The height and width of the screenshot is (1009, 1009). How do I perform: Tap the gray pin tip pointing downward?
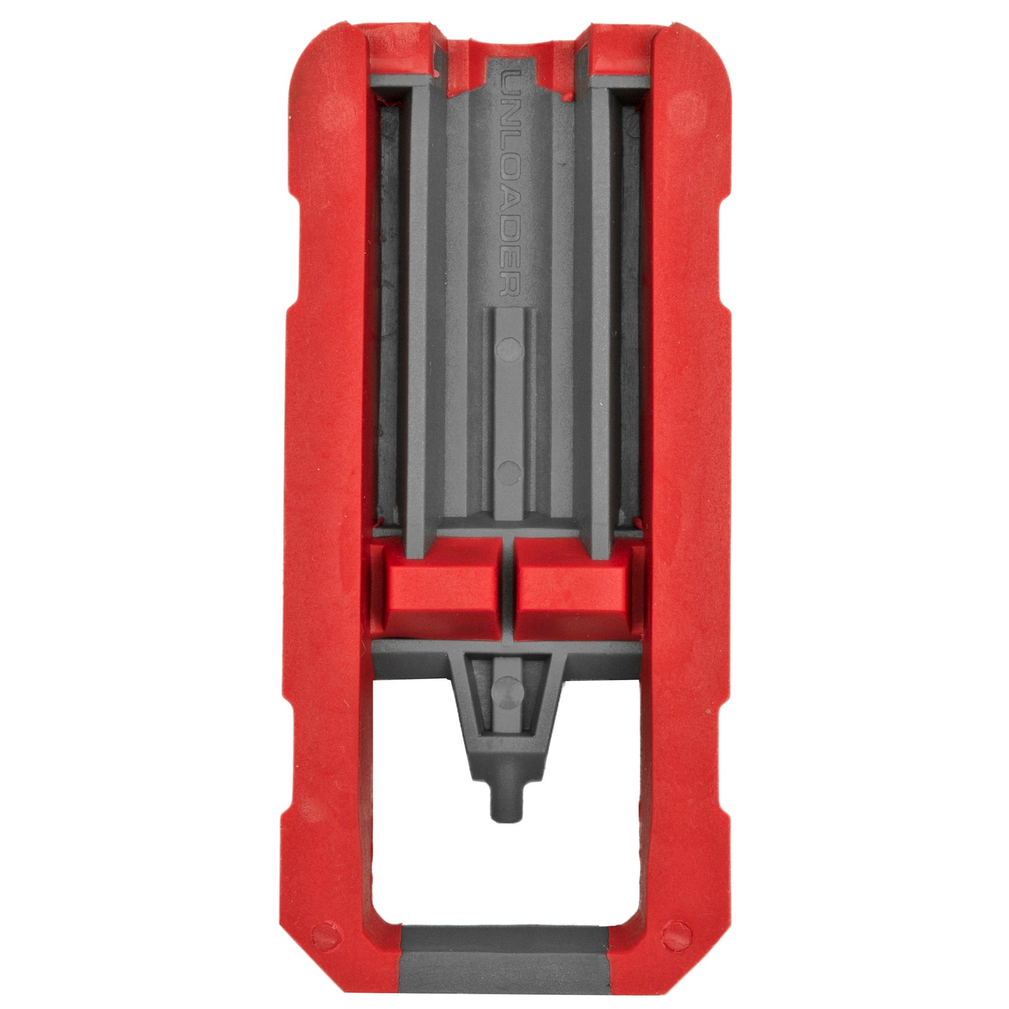click(505, 807)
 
